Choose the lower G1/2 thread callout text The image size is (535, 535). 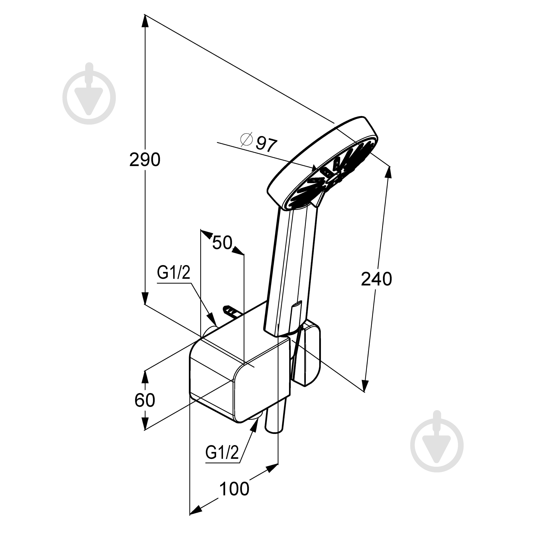222,452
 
